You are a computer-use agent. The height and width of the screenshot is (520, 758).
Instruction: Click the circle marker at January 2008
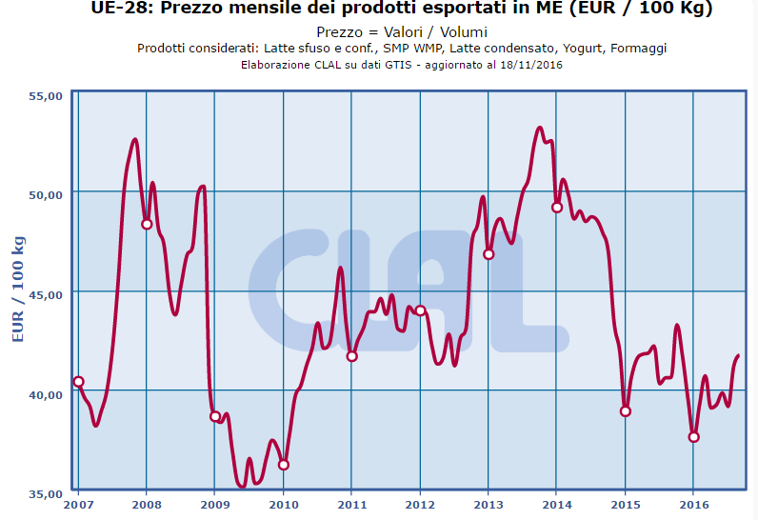click(x=147, y=224)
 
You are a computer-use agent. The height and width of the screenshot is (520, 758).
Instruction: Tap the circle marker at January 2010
click(x=283, y=465)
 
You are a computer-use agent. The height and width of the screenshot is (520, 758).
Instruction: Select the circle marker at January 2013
click(x=489, y=254)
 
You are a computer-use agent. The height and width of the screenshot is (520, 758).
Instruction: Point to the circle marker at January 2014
click(x=557, y=208)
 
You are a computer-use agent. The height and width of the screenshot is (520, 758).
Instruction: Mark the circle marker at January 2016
click(x=693, y=437)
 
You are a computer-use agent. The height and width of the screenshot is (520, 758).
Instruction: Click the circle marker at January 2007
click(x=78, y=382)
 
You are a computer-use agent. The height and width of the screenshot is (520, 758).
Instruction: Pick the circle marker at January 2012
click(x=420, y=310)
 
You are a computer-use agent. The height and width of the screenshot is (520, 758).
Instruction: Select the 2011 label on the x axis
click(x=351, y=505)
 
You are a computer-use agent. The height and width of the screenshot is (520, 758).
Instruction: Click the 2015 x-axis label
click(x=625, y=505)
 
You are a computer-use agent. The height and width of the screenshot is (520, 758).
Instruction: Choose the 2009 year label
click(x=214, y=505)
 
